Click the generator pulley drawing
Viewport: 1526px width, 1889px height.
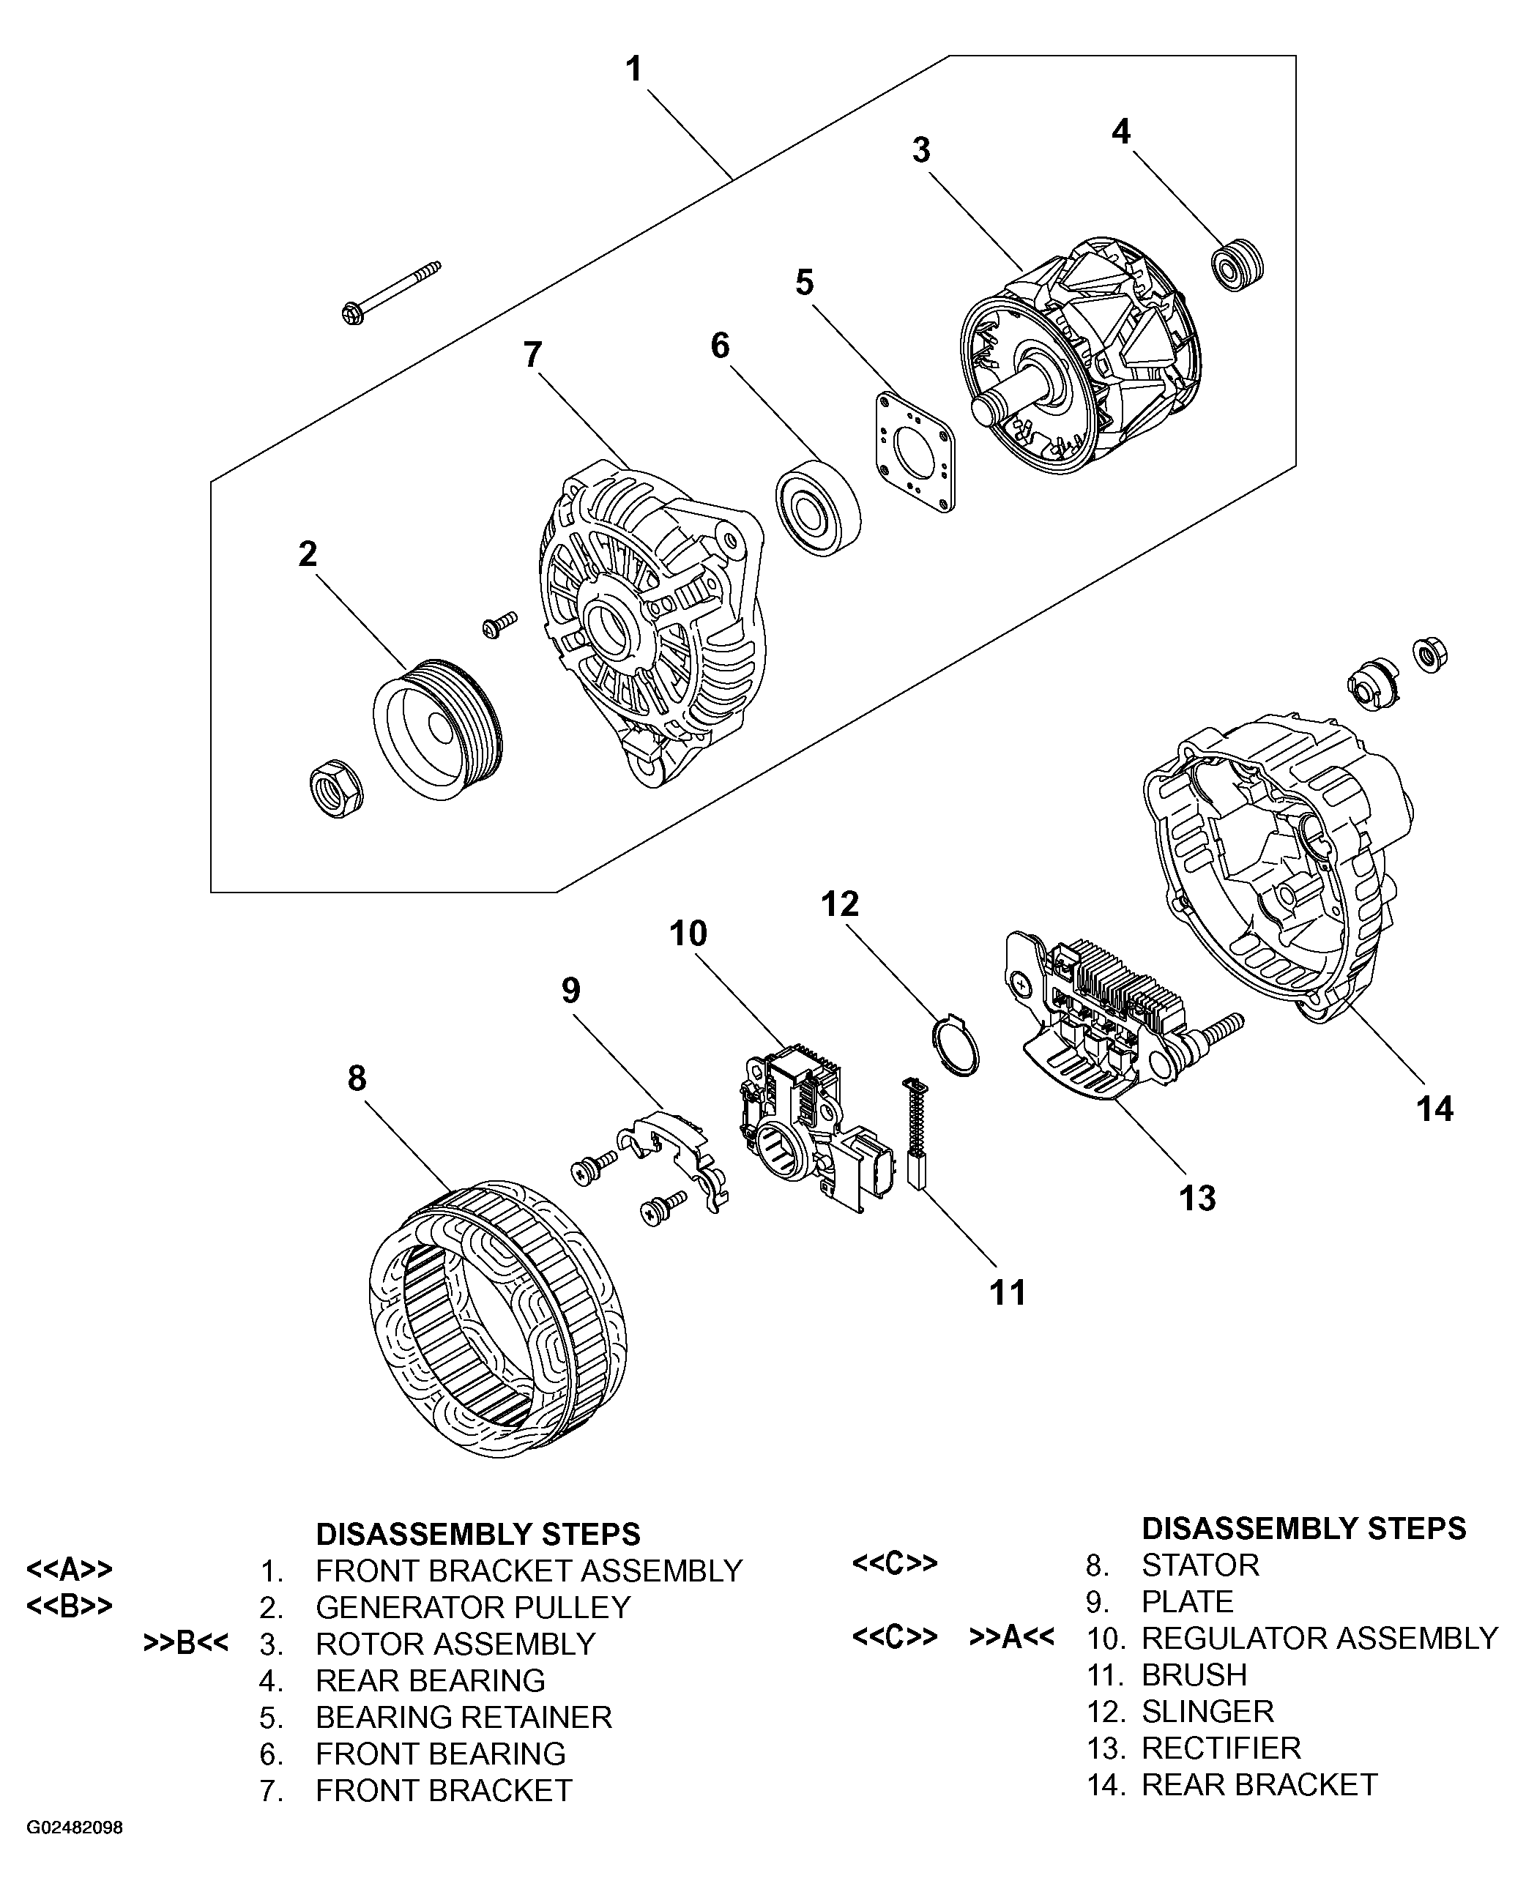[x=438, y=729]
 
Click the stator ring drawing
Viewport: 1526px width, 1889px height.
[x=496, y=1318]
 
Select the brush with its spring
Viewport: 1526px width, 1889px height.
[x=915, y=1134]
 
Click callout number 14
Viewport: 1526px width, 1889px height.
[x=1434, y=1109]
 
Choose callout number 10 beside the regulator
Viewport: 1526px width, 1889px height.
[x=688, y=934]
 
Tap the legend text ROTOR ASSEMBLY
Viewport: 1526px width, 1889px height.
[x=455, y=1644]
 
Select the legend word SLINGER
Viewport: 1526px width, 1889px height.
[x=1207, y=1711]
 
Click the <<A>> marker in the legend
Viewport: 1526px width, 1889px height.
[x=70, y=1569]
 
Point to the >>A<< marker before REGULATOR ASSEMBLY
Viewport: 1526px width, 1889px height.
[x=1011, y=1636]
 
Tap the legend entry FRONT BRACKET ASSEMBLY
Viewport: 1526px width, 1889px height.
[x=529, y=1571]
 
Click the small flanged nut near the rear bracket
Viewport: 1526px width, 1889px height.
[x=1429, y=655]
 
